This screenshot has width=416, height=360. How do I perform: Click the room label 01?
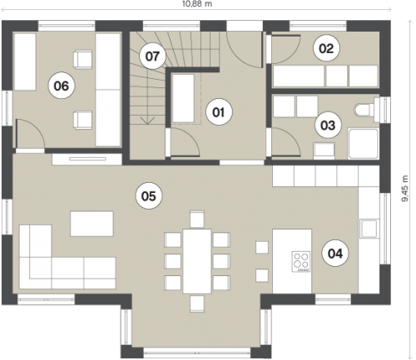pyautogui.click(x=219, y=112)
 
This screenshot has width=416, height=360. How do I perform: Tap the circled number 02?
pyautogui.click(x=326, y=48)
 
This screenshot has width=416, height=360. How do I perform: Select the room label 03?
pyautogui.click(x=328, y=126)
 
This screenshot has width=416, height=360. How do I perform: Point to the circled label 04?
pyautogui.click(x=335, y=254)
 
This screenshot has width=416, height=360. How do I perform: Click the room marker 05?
pyautogui.click(x=149, y=196)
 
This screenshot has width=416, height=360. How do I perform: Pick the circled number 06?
pyautogui.click(x=62, y=86)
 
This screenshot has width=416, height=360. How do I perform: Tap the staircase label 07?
pyautogui.click(x=152, y=57)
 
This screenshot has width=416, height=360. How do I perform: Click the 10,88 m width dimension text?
pyautogui.click(x=197, y=4)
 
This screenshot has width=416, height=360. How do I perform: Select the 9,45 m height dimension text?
pyautogui.click(x=405, y=189)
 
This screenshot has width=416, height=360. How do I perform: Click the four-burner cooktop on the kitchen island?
pyautogui.click(x=301, y=261)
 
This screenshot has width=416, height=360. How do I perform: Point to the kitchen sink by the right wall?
pyautogui.click(x=369, y=228)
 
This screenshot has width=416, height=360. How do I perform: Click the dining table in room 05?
pyautogui.click(x=197, y=261)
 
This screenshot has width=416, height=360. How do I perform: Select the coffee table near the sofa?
pyautogui.click(x=92, y=224)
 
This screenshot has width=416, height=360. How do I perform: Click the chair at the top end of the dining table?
pyautogui.click(x=197, y=219)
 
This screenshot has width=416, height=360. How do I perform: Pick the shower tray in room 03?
pyautogui.click(x=363, y=144)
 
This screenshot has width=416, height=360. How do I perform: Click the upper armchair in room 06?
pyautogui.click(x=82, y=59)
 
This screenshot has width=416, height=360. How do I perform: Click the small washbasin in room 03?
pyautogui.click(x=324, y=150)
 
